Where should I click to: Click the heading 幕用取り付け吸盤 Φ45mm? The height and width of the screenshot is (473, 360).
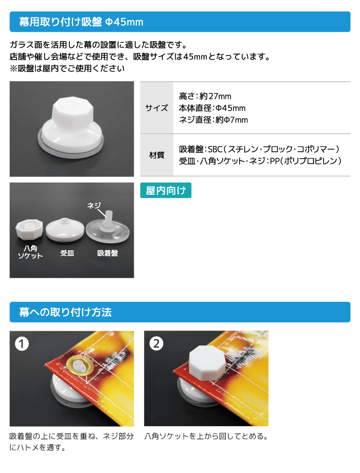click(x=81, y=22)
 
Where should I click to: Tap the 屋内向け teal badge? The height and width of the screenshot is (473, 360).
click(x=166, y=190)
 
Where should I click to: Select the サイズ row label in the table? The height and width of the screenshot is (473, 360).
click(x=156, y=107)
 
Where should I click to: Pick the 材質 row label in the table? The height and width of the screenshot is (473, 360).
click(x=157, y=155)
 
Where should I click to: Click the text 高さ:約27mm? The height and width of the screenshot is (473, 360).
click(x=205, y=96)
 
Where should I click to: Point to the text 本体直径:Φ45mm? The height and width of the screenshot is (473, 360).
click(x=212, y=108)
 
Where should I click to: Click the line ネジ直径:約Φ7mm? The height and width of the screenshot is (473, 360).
click(x=213, y=120)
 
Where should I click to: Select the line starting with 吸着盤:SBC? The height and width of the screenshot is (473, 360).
click(x=259, y=149)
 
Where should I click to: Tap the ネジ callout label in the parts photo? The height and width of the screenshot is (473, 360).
click(x=94, y=206)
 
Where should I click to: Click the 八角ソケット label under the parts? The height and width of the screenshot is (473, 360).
click(x=30, y=252)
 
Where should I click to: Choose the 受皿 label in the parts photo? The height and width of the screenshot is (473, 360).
click(x=67, y=253)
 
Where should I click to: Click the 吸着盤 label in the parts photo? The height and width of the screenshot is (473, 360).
click(x=107, y=253)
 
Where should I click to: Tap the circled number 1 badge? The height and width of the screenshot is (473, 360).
click(x=22, y=343)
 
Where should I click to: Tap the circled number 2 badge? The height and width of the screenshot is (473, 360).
click(x=156, y=343)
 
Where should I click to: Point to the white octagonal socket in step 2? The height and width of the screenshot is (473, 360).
click(x=207, y=363)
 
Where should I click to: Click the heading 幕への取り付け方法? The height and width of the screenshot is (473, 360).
click(x=65, y=312)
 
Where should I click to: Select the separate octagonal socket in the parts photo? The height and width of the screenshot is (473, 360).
click(x=29, y=230)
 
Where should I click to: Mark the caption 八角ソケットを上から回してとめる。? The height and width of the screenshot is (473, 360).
click(x=206, y=436)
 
